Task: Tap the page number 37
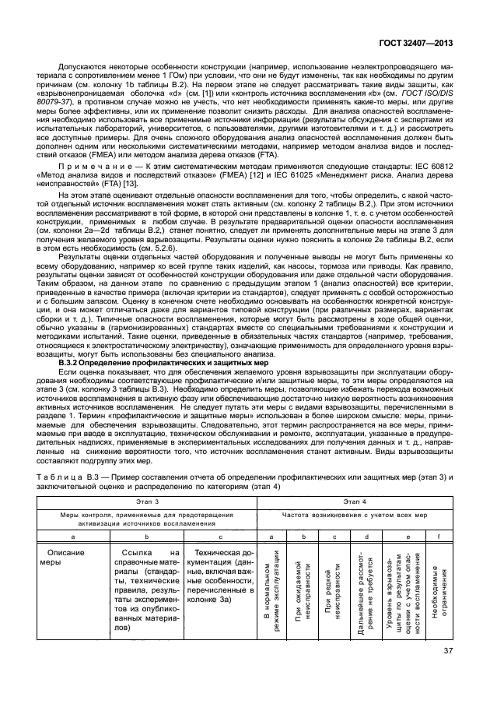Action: pos(449,673)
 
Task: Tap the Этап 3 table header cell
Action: pos(145,505)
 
